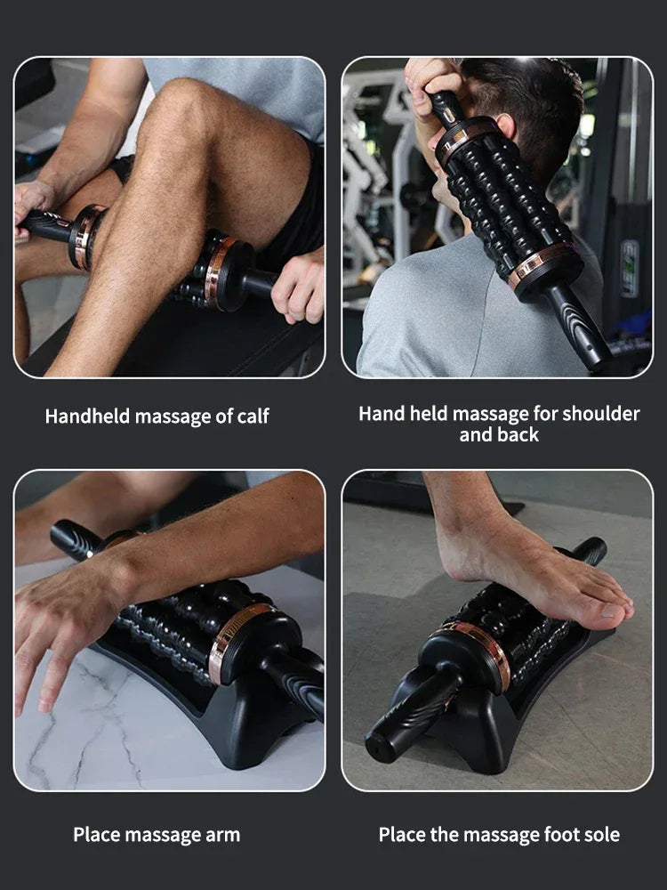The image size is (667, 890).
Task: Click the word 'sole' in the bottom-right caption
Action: (601, 835)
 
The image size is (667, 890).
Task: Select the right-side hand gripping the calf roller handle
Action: (299, 285)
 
